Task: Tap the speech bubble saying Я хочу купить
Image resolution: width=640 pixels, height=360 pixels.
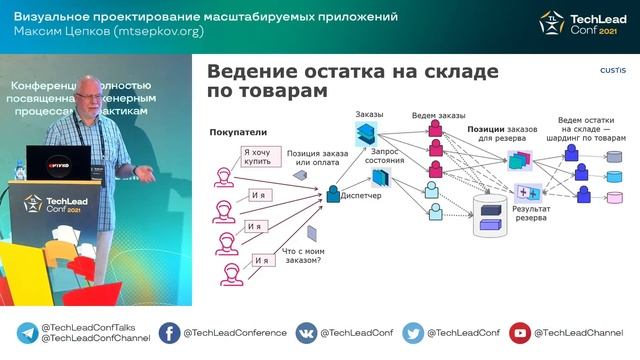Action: [x=258, y=158]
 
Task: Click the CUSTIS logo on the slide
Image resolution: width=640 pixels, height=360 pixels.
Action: [x=612, y=71]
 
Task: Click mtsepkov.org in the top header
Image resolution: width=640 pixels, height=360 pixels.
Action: [x=156, y=32]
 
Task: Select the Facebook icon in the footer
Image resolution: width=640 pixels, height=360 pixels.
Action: [x=170, y=333]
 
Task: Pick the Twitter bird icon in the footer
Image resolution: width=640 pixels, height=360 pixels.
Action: [x=412, y=333]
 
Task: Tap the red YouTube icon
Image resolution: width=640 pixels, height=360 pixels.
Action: [x=519, y=333]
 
